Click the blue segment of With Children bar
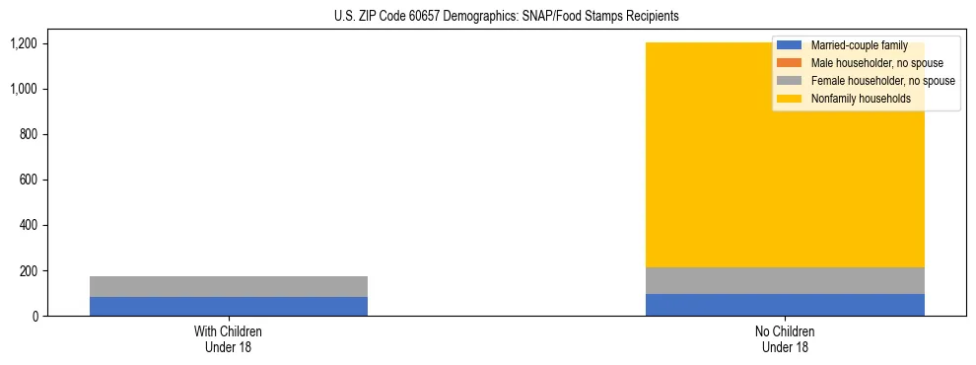tap(229, 306)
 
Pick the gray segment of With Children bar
tap(229, 286)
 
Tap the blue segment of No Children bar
tap(785, 305)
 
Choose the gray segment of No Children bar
tap(785, 280)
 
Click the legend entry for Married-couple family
tap(859, 45)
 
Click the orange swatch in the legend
tap(789, 63)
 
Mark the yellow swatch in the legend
tap(789, 99)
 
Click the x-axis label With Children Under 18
tap(229, 338)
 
